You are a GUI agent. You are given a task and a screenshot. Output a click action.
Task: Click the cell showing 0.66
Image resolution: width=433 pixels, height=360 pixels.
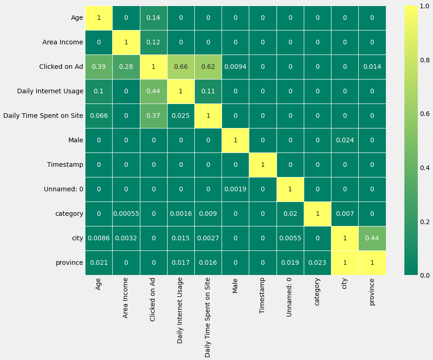[x=180, y=67]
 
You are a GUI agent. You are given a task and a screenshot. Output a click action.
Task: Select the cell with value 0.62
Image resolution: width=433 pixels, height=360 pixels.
[x=208, y=67]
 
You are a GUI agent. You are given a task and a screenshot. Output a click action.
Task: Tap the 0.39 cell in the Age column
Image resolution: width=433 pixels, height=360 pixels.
[x=98, y=67]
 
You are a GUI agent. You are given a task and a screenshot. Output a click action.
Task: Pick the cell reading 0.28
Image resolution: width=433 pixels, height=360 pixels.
[x=126, y=67]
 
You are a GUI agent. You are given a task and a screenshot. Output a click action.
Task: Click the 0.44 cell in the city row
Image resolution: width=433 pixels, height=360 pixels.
[x=372, y=238]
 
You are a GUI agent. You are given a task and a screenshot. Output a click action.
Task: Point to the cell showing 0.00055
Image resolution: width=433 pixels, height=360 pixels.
[x=126, y=214]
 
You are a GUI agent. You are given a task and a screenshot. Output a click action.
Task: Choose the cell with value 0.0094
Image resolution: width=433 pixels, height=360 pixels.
[x=235, y=67]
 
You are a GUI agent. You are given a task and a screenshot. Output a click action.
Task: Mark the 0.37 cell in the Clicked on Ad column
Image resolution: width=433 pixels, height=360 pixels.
[x=153, y=116]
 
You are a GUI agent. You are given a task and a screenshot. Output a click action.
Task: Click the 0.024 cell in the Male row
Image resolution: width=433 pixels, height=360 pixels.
[x=344, y=140]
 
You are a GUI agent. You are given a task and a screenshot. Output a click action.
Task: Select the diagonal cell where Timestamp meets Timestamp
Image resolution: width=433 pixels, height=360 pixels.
[x=263, y=165]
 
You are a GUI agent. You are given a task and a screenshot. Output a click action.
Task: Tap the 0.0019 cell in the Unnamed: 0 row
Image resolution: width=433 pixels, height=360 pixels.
[x=235, y=189]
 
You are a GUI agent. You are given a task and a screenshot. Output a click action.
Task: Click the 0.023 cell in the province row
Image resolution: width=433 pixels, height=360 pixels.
[x=317, y=262]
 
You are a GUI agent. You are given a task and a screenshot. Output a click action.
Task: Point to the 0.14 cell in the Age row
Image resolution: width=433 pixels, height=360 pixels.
[x=153, y=18]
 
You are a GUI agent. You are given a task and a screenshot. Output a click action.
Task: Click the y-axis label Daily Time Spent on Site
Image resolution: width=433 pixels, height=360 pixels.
[x=43, y=116]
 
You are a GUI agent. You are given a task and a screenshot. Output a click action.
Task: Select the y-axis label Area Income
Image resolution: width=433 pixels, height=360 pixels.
[x=63, y=42]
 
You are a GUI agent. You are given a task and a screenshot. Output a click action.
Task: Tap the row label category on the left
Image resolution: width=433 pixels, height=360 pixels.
[x=69, y=214]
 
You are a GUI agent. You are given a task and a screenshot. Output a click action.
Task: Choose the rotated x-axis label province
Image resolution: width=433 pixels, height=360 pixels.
[x=372, y=292]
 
